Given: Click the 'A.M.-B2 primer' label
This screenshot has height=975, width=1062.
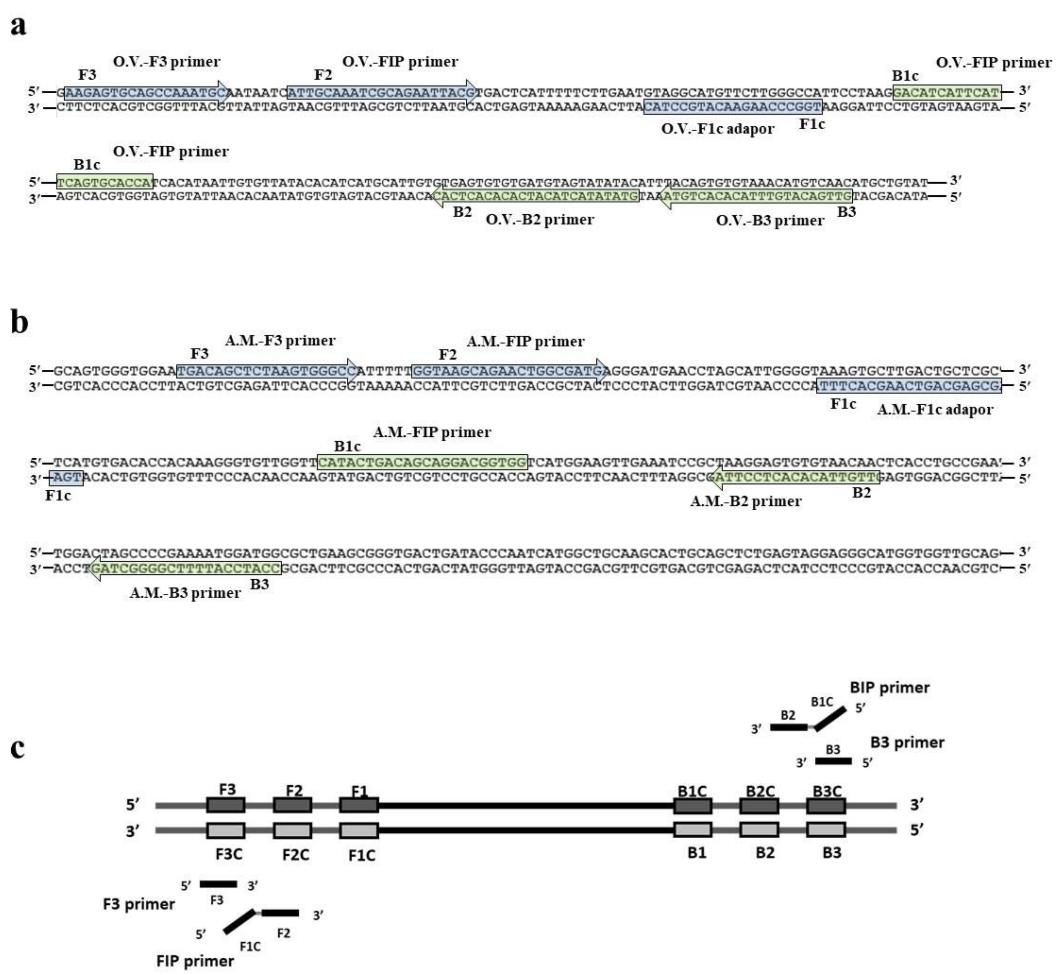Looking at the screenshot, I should pyautogui.click(x=746, y=501).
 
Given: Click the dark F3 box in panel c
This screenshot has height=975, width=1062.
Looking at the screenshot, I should pyautogui.click(x=226, y=805).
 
